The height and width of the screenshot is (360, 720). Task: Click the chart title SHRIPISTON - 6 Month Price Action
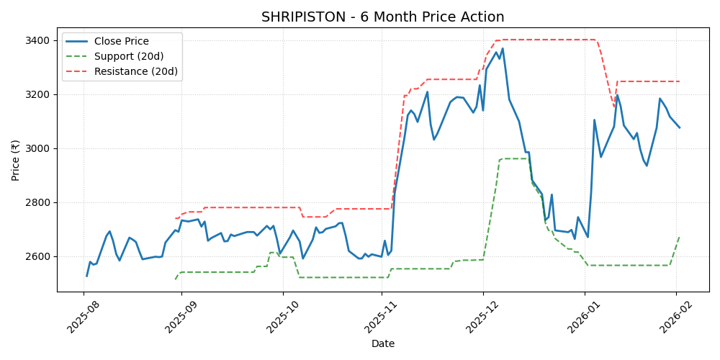pyautogui.click(x=382, y=17)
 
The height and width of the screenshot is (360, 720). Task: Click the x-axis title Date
pyautogui.click(x=382, y=344)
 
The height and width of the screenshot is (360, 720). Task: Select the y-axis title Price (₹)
pyautogui.click(x=15, y=160)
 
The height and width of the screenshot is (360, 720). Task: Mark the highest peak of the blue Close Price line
pyautogui.click(x=503, y=49)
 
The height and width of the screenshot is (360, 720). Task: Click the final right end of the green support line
pyautogui.click(x=679, y=238)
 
